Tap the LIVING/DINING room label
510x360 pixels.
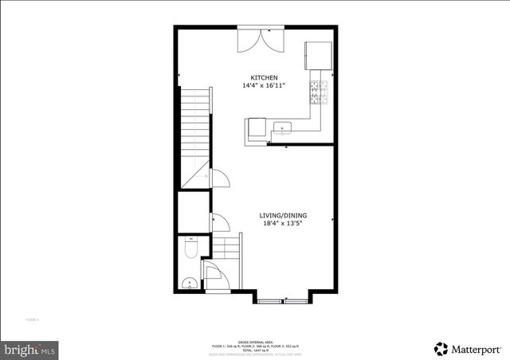(x=283, y=216)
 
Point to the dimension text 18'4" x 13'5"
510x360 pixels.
(x=283, y=225)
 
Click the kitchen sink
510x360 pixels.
(x=283, y=127)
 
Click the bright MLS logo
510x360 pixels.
(x=30, y=349)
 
